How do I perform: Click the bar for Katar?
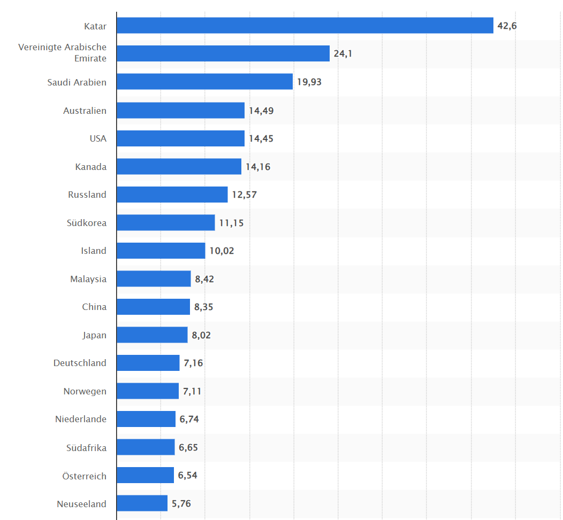(305, 25)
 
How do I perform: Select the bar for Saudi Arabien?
(204, 81)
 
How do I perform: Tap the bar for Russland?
(172, 195)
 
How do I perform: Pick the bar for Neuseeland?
(142, 503)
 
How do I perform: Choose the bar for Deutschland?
(148, 363)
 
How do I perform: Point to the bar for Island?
(161, 251)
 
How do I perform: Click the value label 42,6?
(507, 26)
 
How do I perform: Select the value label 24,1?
(343, 53)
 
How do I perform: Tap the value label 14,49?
(261, 111)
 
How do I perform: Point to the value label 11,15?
(231, 223)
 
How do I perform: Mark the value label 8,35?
(204, 307)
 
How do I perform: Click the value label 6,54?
(188, 475)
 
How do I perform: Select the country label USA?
(98, 138)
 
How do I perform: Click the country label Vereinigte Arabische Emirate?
(63, 53)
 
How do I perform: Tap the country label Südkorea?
(87, 223)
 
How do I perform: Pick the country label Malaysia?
(88, 279)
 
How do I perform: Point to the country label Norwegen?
(85, 391)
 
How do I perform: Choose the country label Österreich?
(84, 476)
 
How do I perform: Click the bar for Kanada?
(179, 166)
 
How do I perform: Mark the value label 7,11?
(192, 391)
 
